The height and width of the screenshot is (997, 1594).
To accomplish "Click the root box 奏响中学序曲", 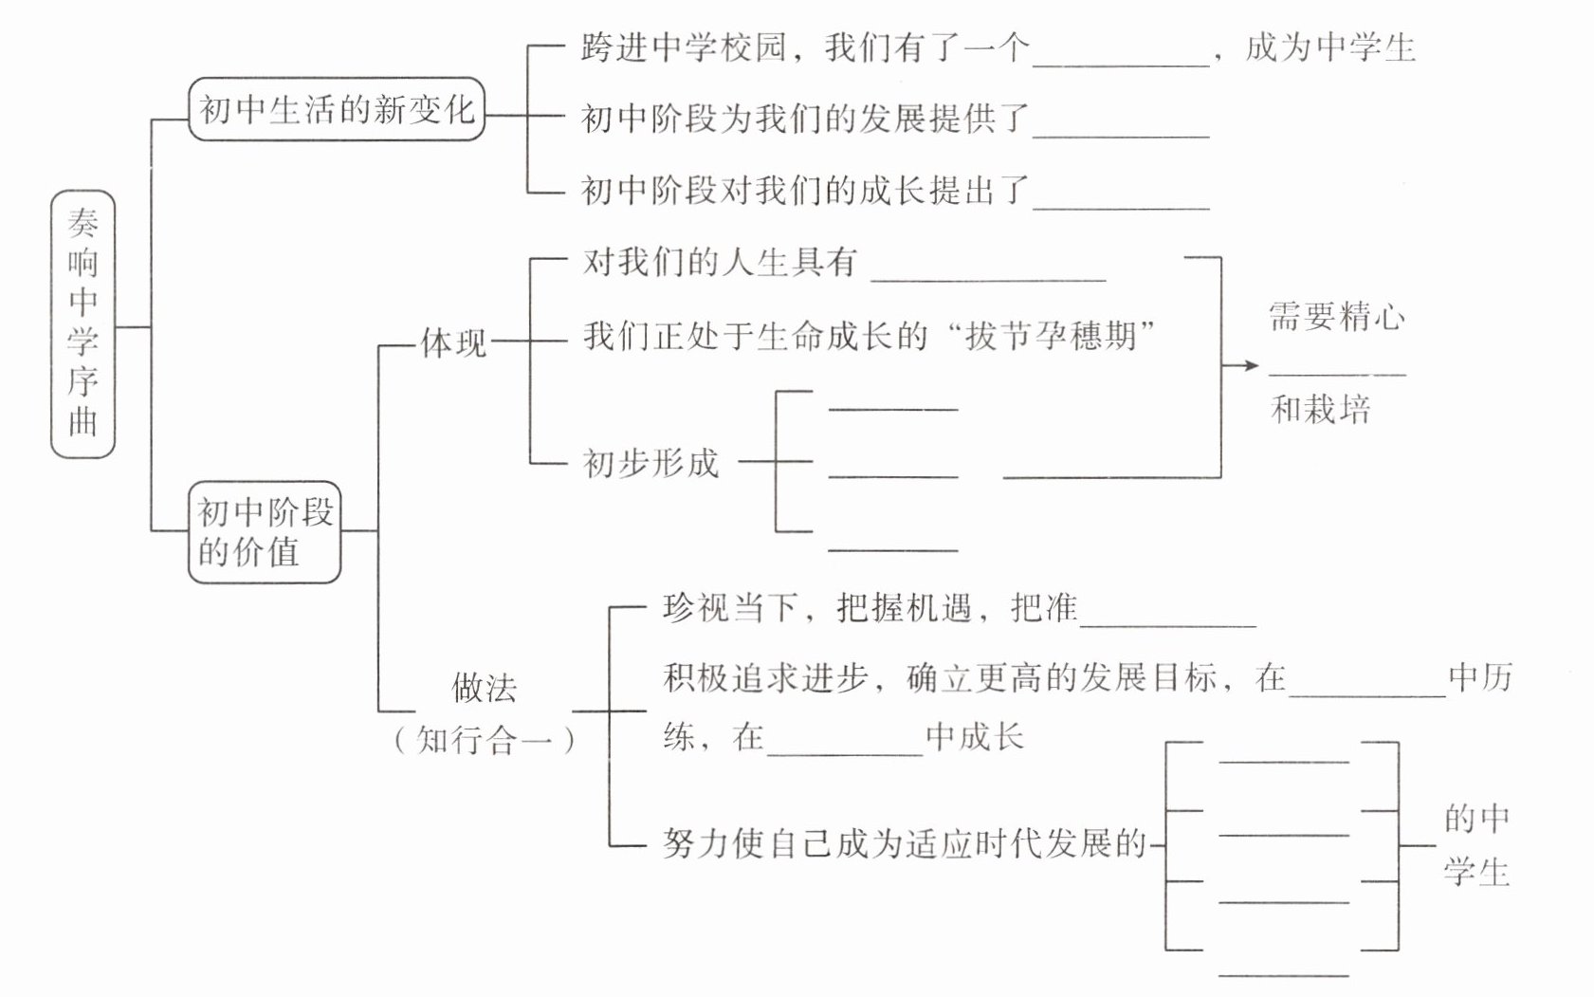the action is [83, 324].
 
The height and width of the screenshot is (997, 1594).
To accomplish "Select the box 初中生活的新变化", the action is [337, 109].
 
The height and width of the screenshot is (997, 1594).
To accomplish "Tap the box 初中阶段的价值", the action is [265, 532].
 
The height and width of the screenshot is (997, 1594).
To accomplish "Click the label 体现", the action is [453, 342].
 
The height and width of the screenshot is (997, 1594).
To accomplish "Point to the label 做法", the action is [484, 688].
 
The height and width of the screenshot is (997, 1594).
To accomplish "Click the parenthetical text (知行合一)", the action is [485, 740].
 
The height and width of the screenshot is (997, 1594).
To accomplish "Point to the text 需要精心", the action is [1337, 316].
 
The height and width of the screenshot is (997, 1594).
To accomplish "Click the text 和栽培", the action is [1321, 410].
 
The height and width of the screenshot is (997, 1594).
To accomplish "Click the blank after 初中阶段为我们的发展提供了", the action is [1122, 136].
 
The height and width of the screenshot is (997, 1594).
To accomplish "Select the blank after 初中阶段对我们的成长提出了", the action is [1122, 209].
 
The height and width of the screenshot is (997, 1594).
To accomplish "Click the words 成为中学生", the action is [1330, 47].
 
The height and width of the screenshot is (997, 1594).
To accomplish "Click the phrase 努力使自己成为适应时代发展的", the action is [905, 844].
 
